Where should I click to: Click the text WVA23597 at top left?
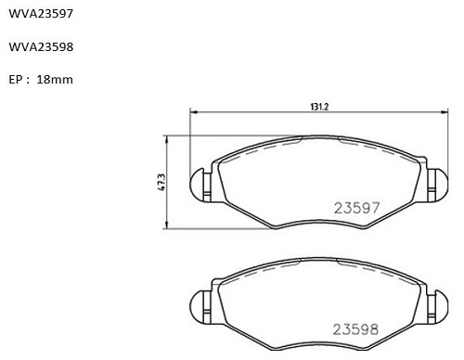[41, 14]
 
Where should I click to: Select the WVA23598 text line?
[41, 46]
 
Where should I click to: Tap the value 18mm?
[55, 80]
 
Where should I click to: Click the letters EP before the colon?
[15, 80]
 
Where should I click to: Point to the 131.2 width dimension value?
[319, 107]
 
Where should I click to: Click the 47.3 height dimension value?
[161, 182]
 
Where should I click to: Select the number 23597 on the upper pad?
[356, 208]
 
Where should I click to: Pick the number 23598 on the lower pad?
[355, 329]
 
